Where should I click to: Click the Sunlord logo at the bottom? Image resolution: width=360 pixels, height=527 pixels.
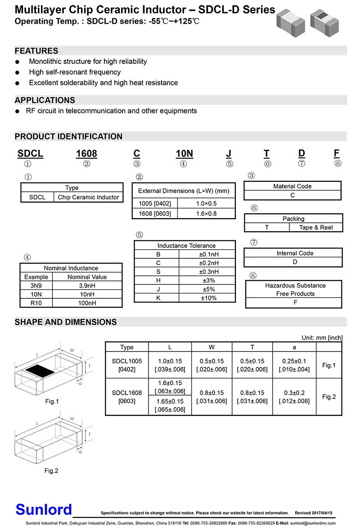[x=44, y=509]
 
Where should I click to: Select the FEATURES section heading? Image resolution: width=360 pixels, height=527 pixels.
[x=36, y=51]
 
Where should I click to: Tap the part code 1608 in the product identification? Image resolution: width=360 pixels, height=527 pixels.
[x=86, y=153]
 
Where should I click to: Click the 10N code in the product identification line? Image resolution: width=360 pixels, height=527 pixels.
[x=184, y=153]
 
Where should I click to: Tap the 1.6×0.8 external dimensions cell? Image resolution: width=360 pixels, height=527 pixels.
[x=206, y=214]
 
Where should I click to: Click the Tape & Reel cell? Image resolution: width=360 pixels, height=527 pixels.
[x=316, y=227]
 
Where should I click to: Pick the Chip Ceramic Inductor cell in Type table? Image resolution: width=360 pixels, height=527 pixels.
[x=89, y=197]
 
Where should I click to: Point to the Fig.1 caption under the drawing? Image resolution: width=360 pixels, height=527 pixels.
[x=52, y=401]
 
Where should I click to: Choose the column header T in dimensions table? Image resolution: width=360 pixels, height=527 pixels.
[x=252, y=347]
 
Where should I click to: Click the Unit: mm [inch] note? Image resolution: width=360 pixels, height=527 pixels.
[x=322, y=338]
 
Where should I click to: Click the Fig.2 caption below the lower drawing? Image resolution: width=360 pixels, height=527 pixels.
[x=51, y=471]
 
